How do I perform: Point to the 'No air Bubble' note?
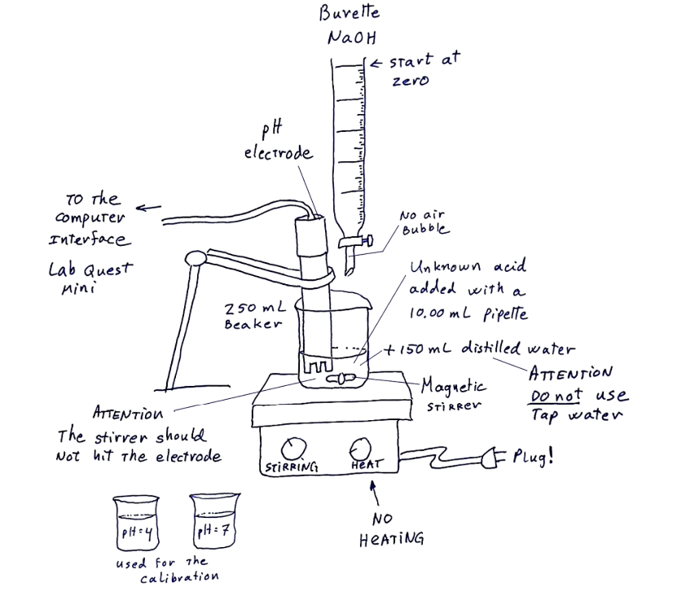pos(423,222)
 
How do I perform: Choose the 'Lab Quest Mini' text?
pos(90,278)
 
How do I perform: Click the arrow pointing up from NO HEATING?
pos(375,493)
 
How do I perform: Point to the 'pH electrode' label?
pos(278,142)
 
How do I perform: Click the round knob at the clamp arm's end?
pos(194,258)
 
